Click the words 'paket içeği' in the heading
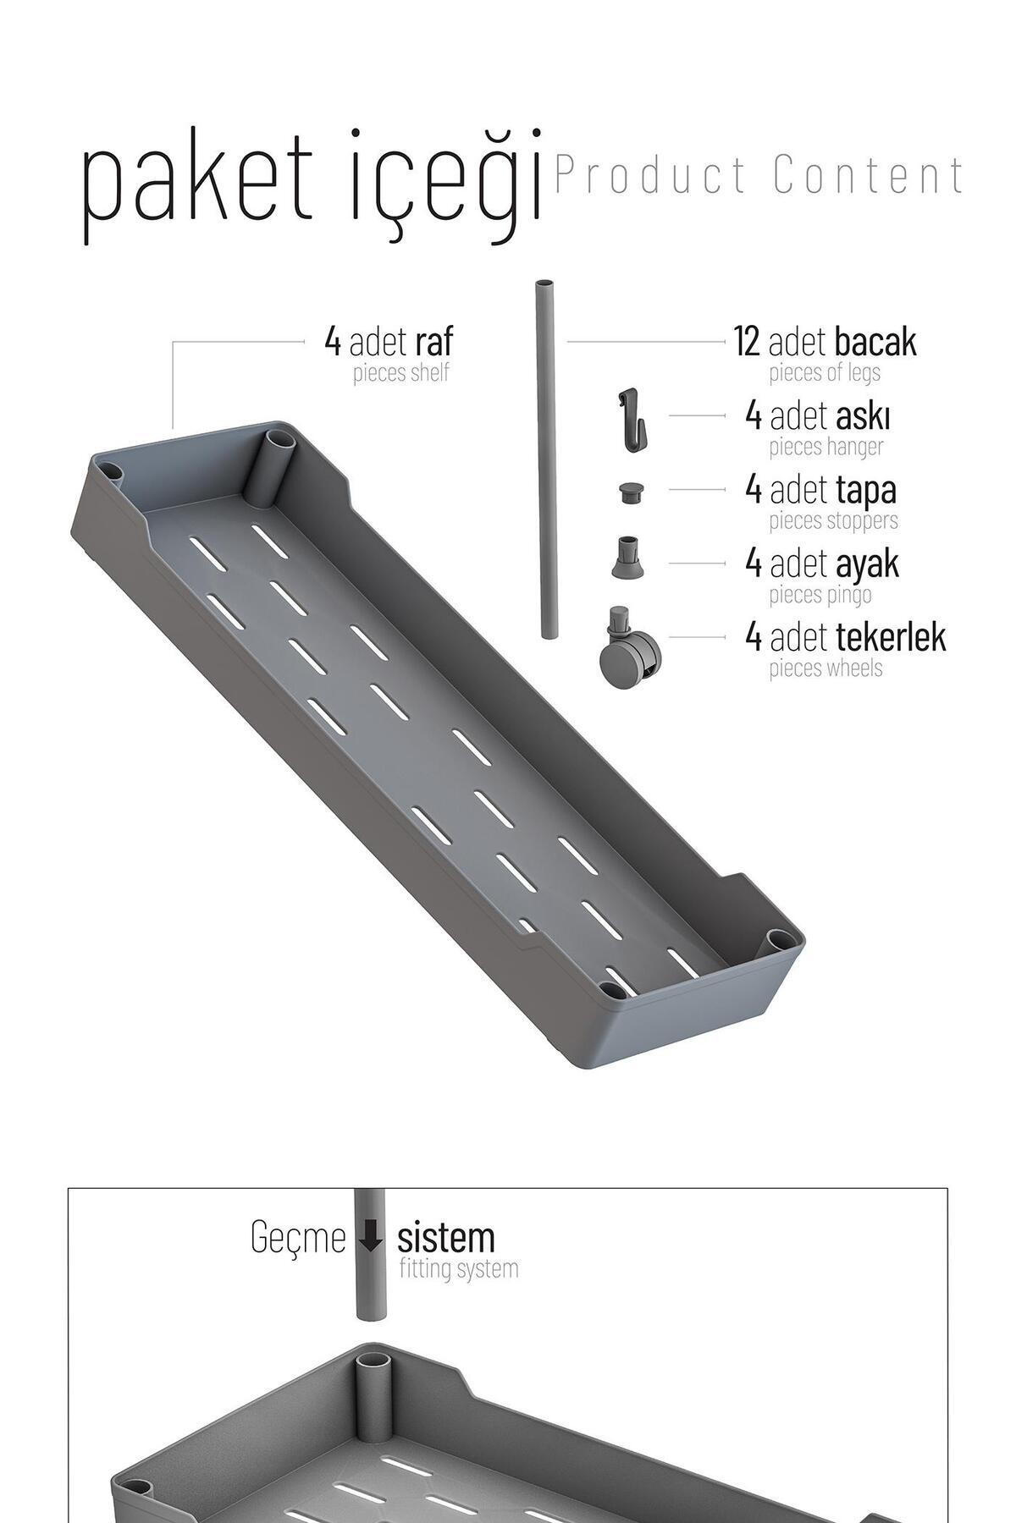click(312, 187)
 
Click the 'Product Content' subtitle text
click(759, 175)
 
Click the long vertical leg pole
click(547, 461)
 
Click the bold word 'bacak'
click(875, 342)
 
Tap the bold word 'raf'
click(433, 342)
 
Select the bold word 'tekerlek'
click(891, 637)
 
